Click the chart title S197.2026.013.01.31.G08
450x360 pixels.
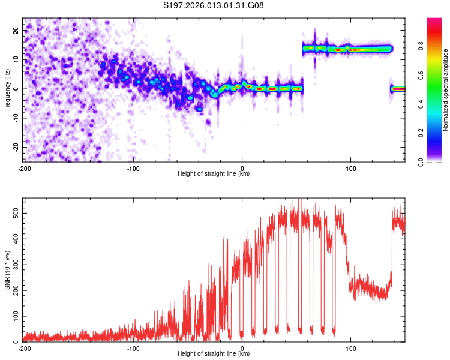click(x=214, y=6)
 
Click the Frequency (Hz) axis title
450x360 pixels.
click(x=7, y=89)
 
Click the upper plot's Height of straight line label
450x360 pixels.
click(x=214, y=173)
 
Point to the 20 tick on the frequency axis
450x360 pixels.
click(x=16, y=30)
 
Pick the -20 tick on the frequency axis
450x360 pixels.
click(x=15, y=147)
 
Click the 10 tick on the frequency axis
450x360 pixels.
click(x=16, y=59)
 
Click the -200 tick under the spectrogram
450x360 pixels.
click(x=25, y=167)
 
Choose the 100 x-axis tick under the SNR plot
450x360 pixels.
click(x=351, y=347)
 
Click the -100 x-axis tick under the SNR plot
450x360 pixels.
click(x=133, y=347)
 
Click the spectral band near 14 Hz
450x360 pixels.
click(x=348, y=49)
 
